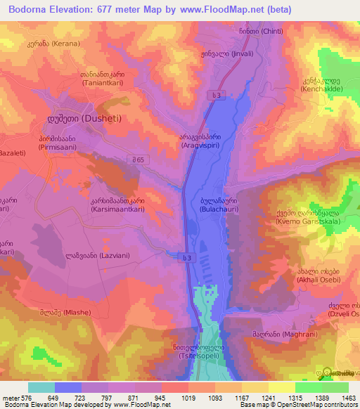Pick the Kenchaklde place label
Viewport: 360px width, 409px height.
click(323, 90)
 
